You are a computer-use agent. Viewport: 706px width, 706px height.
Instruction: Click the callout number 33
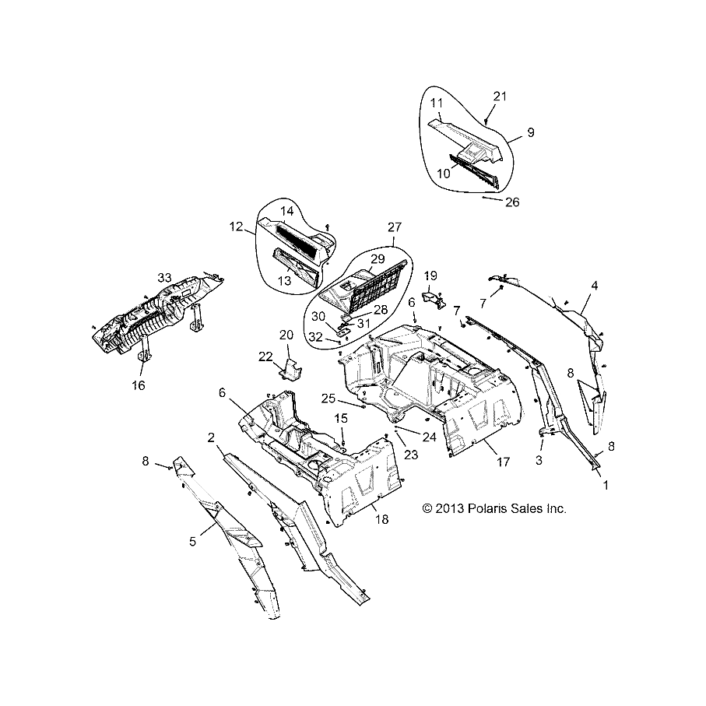163,277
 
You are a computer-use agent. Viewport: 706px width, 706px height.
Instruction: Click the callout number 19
430,276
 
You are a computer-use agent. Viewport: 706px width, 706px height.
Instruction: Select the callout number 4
594,286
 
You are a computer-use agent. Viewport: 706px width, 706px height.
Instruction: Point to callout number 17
503,462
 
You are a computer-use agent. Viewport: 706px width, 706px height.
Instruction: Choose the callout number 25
329,399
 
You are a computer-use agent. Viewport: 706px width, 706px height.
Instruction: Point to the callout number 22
265,356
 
